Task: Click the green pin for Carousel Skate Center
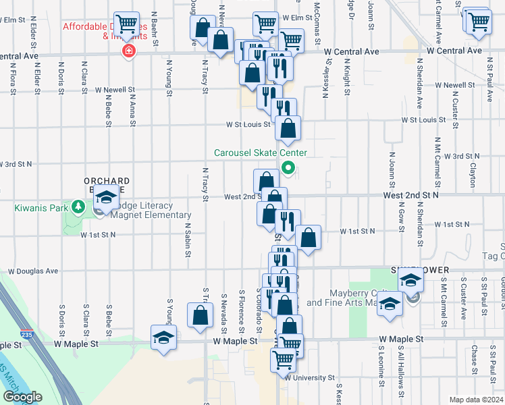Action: (x=288, y=168)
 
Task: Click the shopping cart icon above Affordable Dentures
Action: (x=127, y=24)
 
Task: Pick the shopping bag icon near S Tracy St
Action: (x=201, y=316)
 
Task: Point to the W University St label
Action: (x=310, y=378)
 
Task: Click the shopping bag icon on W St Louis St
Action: (x=288, y=128)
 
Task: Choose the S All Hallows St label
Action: (x=401, y=374)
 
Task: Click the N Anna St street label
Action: (x=132, y=108)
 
